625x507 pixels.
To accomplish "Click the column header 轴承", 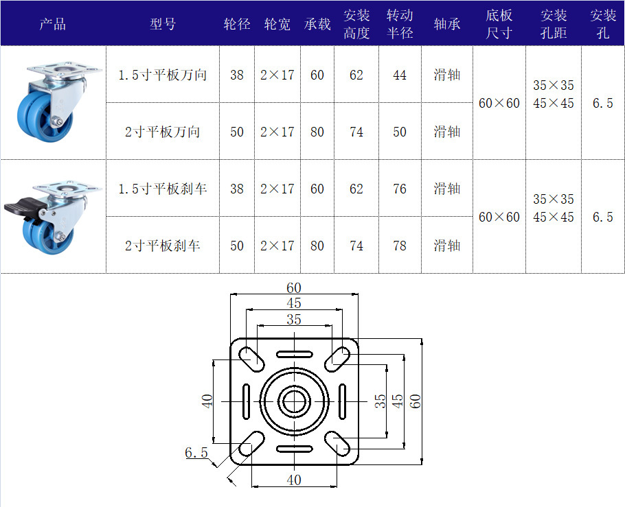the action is point(447,24).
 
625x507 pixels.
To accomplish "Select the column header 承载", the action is point(317,24).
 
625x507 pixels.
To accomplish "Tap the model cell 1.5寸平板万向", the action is point(162,75).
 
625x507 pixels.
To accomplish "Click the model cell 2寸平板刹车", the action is point(162,246).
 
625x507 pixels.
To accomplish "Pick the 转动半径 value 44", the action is point(400,75).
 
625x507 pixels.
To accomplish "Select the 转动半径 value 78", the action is point(400,246).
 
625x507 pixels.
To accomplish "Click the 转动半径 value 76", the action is point(400,189).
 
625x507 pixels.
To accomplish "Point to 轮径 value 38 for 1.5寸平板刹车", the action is point(237,189).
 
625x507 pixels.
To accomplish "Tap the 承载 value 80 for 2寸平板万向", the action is point(317,132).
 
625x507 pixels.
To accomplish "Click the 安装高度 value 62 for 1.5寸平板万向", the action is point(356,75).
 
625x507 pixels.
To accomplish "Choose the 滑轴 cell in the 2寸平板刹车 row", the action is point(447,246).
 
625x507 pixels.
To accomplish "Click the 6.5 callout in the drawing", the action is point(196,452).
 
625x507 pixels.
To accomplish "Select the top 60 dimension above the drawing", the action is point(294,287).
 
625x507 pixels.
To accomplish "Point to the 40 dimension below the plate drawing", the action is point(294,480).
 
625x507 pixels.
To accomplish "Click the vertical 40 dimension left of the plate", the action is point(207,401).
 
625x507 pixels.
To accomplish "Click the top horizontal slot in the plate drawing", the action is point(295,354).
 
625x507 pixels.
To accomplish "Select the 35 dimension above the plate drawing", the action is point(294,319).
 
